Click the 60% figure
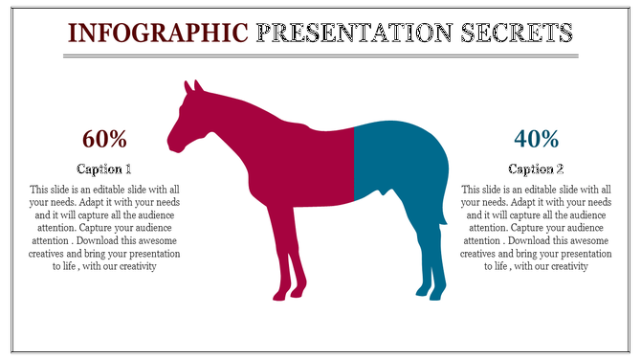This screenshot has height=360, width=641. pos(105,140)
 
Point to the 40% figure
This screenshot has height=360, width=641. pos(536,140)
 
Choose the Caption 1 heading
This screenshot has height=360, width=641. pos(105,169)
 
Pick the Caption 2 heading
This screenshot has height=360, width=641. pos(536,169)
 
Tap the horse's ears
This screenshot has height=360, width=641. pos(191,87)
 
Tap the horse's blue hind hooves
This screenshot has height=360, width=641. pos(429,292)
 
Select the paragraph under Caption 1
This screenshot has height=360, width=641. pos(105,228)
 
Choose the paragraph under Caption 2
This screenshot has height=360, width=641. pos(536,228)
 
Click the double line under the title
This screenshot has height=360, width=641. pos(320,56)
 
